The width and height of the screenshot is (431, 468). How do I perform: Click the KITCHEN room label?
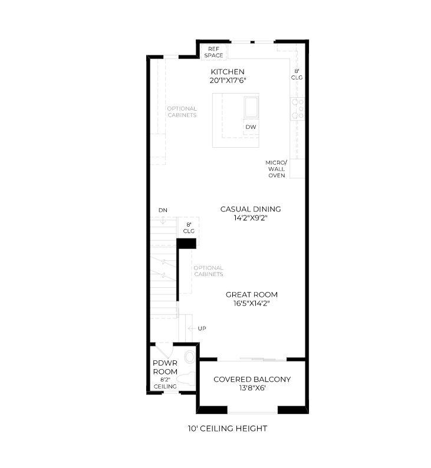pyautogui.click(x=228, y=72)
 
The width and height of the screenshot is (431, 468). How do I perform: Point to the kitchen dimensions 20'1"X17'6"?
pyautogui.click(x=228, y=81)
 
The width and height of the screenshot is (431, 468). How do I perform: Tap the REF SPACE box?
pyautogui.click(x=213, y=52)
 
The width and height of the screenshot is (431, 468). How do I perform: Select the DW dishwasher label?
pyautogui.click(x=251, y=127)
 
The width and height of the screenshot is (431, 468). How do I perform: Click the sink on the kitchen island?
pyautogui.click(x=251, y=107)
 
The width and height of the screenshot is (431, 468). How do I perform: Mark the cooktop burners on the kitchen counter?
pyautogui.click(x=297, y=109)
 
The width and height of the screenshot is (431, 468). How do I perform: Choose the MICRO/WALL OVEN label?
pyautogui.click(x=277, y=168)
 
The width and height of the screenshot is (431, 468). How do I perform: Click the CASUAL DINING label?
pyautogui.click(x=250, y=209)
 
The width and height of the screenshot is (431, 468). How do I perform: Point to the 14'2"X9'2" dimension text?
pyautogui.click(x=250, y=218)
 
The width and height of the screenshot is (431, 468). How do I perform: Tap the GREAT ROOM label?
pyautogui.click(x=251, y=295)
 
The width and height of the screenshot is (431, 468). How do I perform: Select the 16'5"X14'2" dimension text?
pyautogui.click(x=251, y=304)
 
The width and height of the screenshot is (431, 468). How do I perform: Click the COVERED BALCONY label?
pyautogui.click(x=252, y=380)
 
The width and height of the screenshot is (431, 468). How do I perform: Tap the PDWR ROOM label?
pyautogui.click(x=165, y=368)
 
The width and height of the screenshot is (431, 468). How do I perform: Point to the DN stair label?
pyautogui.click(x=162, y=210)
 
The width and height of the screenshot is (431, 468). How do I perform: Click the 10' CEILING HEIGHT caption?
pyautogui.click(x=227, y=429)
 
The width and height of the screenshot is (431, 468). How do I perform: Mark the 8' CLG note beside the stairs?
pyautogui.click(x=189, y=228)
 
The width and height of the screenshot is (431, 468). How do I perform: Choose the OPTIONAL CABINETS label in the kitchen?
pyautogui.click(x=182, y=112)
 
